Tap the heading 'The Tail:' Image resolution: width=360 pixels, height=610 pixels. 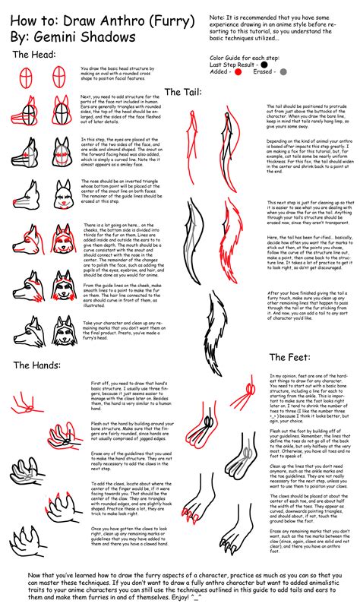click(x=182, y=92)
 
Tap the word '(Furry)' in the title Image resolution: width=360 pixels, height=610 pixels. click(x=167, y=17)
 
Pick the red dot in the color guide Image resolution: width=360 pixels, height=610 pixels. click(x=238, y=72)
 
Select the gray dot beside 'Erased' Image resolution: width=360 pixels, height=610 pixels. click(x=283, y=72)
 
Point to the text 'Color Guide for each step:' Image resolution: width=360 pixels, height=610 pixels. click(x=245, y=57)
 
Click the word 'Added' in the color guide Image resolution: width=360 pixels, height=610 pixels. click(x=220, y=72)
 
